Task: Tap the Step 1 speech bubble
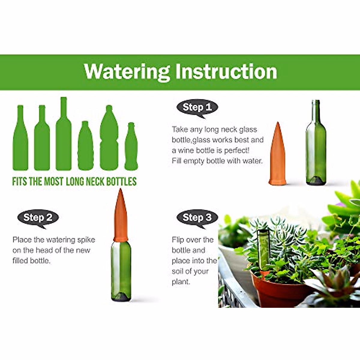coord(197,107)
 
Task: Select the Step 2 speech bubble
coord(38,217)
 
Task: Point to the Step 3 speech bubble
coord(197,217)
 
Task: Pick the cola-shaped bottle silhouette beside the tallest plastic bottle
coord(131,148)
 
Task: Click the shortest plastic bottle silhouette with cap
coord(85,147)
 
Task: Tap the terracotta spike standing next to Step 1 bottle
coord(278,156)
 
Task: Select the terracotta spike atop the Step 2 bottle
coord(121,216)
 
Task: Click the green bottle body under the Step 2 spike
coord(121,270)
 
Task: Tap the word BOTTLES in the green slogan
coord(121,181)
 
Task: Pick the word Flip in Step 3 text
coord(178,240)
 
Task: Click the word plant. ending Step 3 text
coord(181,282)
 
